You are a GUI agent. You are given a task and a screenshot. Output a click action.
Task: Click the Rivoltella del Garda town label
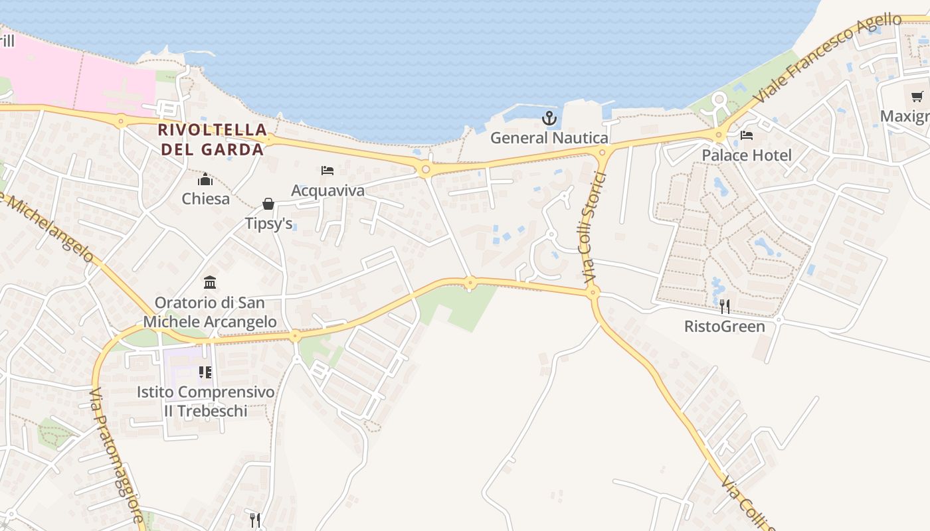point(213,139)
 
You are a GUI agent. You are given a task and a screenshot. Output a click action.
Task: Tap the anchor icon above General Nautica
point(549,119)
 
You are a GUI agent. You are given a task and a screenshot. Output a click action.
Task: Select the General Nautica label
point(549,138)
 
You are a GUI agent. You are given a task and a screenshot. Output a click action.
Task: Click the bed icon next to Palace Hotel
point(747,136)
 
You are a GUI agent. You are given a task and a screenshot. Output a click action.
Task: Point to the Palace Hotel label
point(747,155)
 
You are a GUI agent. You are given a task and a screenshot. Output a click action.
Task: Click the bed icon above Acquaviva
point(327,171)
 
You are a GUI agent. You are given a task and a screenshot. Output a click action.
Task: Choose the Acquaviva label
point(327,190)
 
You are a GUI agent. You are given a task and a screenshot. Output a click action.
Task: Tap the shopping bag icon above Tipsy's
point(268,203)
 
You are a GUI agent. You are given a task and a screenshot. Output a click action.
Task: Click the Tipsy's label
point(268,224)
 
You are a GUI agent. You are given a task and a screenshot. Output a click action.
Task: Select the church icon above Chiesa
point(205,179)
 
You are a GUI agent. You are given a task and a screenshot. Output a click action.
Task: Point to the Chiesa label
point(205,198)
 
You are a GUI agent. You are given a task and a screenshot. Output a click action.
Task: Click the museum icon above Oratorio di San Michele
point(210,283)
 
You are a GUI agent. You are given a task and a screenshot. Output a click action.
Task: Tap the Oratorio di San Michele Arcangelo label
point(210,312)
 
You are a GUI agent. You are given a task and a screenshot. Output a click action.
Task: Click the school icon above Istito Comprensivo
point(205,372)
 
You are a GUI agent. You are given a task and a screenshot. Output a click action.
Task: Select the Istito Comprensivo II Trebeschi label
point(205,402)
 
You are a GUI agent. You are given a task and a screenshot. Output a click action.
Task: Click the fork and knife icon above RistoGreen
point(725,306)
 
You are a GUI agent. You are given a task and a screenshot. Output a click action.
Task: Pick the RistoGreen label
point(725,327)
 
